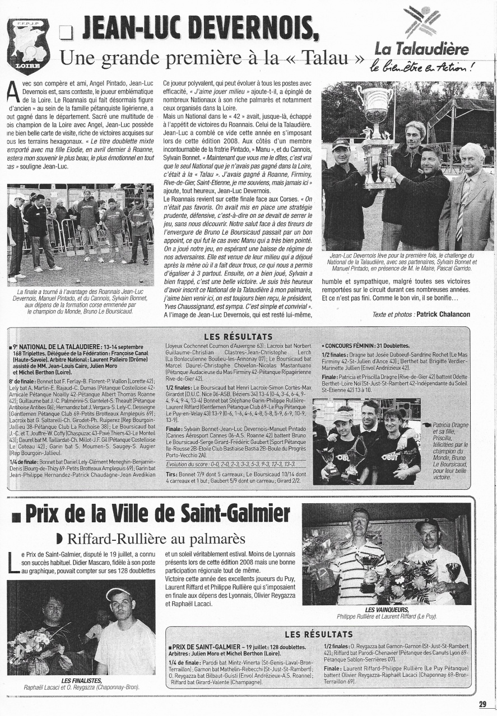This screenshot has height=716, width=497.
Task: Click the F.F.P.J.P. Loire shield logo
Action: pos(28,46)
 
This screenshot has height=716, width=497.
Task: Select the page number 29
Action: pos(482,704)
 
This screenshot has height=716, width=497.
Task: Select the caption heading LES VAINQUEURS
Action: pos(387,609)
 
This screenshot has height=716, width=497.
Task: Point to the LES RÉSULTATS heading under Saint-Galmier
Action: pos(319,634)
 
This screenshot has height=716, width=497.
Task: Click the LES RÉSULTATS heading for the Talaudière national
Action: pos(238,336)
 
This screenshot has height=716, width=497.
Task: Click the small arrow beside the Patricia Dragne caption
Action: pos(428,425)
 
